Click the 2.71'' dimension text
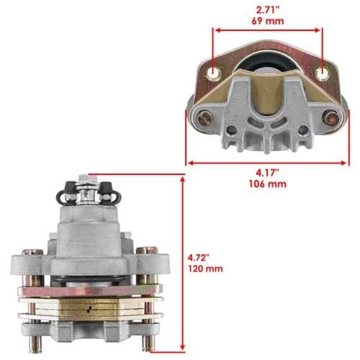(x=268, y=10)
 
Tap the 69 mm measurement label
(x=268, y=21)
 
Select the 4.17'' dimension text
(x=268, y=173)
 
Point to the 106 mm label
(x=268, y=184)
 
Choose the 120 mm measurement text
(x=205, y=269)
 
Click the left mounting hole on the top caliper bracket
(x=213, y=73)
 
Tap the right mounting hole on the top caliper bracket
(x=322, y=73)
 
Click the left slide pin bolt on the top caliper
(x=205, y=119)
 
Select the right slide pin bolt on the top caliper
(x=330, y=118)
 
